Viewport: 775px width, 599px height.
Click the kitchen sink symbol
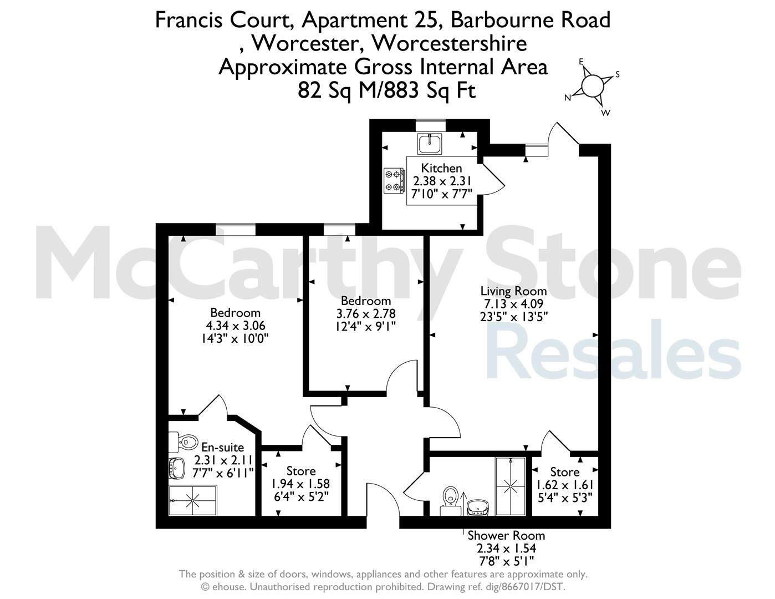point(430,144)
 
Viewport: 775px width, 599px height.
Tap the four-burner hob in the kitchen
point(395,181)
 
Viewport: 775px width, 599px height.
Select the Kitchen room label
point(441,168)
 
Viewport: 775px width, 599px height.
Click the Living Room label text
point(513,291)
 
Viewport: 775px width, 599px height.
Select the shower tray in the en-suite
point(192,500)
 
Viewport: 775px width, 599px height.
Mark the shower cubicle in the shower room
point(511,486)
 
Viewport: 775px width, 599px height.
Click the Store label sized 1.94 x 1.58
point(301,471)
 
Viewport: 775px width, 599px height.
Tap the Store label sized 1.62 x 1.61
point(564,473)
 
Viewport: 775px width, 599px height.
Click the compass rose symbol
point(593,86)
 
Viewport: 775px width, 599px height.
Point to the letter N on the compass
point(568,98)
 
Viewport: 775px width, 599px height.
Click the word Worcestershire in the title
point(450,43)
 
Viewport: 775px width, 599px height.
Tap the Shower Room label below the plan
point(506,536)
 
